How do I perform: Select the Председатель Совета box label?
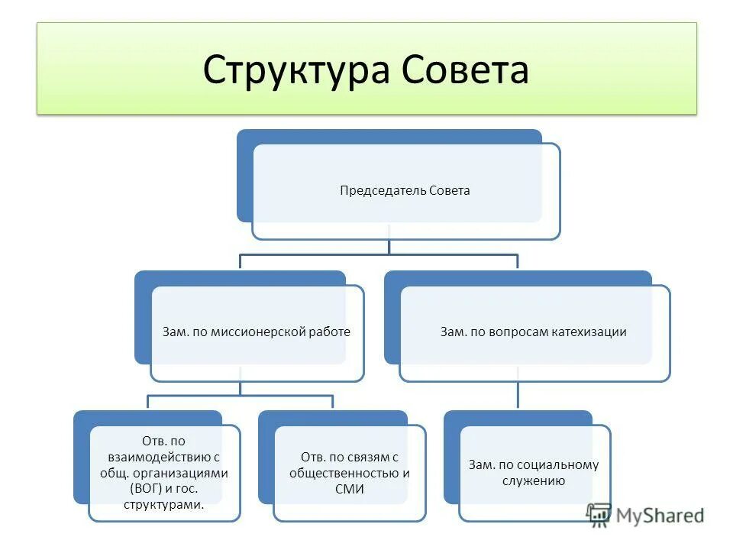405,191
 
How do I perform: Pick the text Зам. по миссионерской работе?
257,332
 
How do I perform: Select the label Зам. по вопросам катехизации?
534,332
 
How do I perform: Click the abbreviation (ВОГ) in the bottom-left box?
146,489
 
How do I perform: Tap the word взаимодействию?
159,457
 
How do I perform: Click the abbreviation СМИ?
349,489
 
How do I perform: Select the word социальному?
557,464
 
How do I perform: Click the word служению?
534,480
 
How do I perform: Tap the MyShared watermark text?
662,516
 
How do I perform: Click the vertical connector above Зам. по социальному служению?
518,393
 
